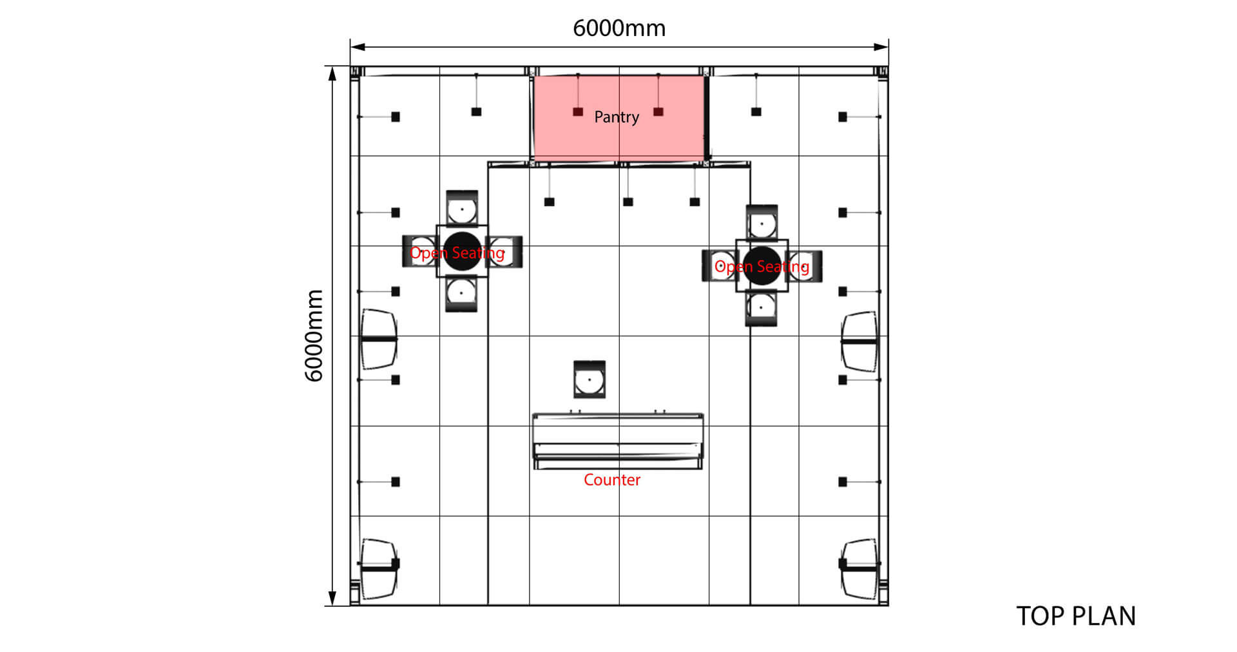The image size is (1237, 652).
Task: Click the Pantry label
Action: tap(617, 117)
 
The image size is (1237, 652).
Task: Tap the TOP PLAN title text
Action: tap(1076, 616)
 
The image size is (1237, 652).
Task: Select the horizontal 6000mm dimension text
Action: tap(619, 28)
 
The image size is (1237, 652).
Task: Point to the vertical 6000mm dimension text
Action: tap(314, 336)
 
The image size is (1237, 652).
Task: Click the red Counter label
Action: tap(612, 480)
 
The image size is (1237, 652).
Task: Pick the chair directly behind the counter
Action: tap(590, 379)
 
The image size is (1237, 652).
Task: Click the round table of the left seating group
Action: tap(462, 251)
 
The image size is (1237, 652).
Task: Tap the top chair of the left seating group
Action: tap(462, 207)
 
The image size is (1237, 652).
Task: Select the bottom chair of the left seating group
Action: tap(462, 294)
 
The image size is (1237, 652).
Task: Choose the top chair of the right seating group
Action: tap(762, 222)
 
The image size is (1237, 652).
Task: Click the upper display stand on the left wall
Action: tap(378, 340)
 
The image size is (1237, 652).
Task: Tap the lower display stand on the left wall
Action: tap(379, 569)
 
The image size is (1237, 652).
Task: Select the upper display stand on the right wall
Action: tap(859, 341)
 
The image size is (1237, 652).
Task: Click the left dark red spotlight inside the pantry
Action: tap(578, 111)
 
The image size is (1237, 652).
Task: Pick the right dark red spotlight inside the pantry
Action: tap(658, 111)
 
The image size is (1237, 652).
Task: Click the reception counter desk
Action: tap(618, 441)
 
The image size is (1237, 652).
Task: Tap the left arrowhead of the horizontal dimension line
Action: tap(358, 47)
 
